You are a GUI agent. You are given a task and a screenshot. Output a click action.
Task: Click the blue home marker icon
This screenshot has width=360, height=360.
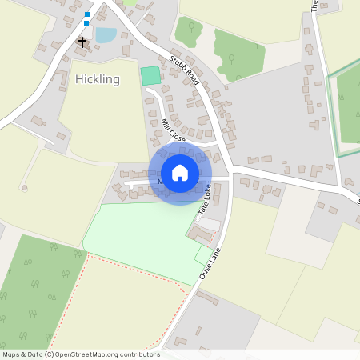pos(180,173)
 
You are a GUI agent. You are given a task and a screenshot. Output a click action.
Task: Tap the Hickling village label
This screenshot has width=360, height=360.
pos(97,79)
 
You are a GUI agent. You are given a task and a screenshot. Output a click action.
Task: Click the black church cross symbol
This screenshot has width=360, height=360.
pos(82,41)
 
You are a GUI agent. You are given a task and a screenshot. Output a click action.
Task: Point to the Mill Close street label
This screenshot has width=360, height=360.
pos(173,130)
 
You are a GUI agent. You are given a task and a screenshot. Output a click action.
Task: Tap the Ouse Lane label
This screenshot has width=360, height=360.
pos(210,261)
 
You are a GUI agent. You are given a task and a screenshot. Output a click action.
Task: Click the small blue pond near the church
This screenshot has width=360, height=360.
pos(105,34)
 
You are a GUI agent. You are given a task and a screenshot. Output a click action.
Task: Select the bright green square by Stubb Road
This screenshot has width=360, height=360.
pos(150,76)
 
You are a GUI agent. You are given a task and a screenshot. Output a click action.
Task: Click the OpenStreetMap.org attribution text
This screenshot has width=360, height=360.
pos(104,354)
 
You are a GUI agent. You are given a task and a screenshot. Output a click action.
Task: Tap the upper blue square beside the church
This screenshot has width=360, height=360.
pos(86,14)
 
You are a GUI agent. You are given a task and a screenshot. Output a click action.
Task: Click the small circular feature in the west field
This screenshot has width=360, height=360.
pos(25,188)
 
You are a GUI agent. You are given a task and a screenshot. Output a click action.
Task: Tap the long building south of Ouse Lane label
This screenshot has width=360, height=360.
pos(206,298)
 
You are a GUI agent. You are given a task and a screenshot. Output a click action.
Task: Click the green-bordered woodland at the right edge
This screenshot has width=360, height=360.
pos(349,104)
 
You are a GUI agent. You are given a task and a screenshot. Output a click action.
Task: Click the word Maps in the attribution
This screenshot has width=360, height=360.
pos(11,354)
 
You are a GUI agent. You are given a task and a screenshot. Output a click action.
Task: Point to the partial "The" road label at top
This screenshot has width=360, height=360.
pos(314,5)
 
